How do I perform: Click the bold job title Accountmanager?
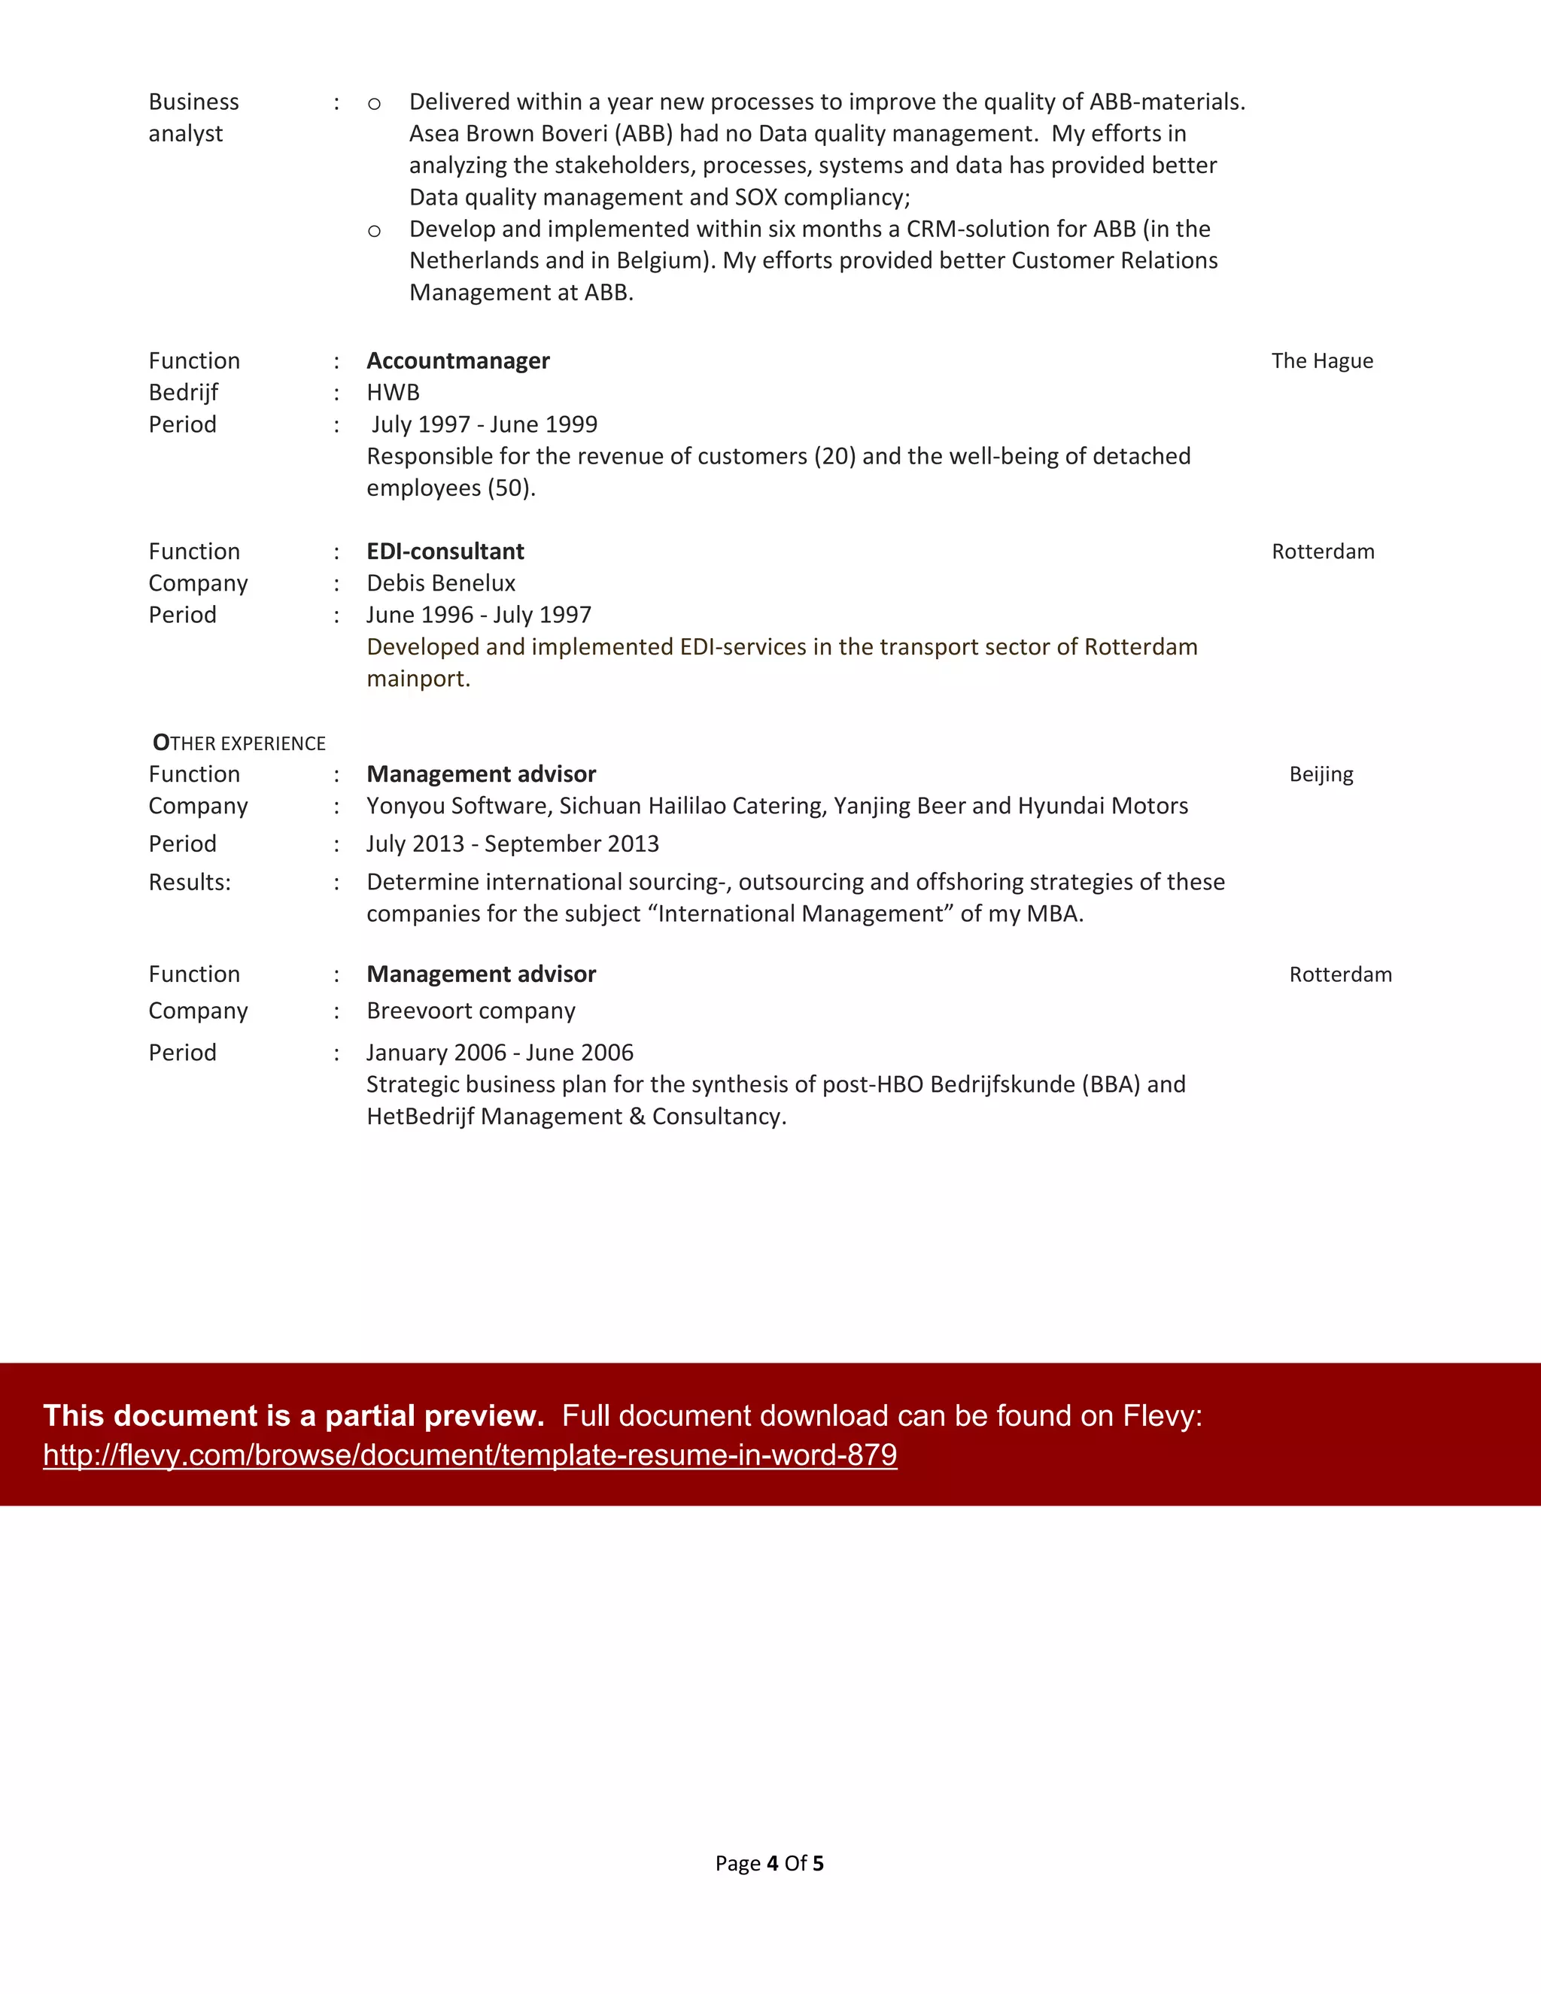coord(457,360)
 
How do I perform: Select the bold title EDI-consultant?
coord(445,552)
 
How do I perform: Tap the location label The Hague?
coord(1321,360)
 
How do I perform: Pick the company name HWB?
coord(393,393)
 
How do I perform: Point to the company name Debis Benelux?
coord(440,583)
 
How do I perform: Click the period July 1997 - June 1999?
coord(484,424)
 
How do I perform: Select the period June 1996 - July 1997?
coord(479,616)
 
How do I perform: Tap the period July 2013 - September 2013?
coord(512,843)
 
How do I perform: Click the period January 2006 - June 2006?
coord(500,1053)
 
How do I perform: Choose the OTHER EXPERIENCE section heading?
coord(239,743)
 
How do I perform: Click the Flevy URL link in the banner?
coord(470,1455)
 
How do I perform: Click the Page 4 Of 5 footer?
coord(769,1863)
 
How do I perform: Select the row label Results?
coord(190,883)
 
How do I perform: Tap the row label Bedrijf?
coord(184,393)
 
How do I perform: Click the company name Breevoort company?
coord(470,1011)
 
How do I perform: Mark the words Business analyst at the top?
coord(193,117)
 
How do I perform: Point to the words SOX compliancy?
coord(821,197)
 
